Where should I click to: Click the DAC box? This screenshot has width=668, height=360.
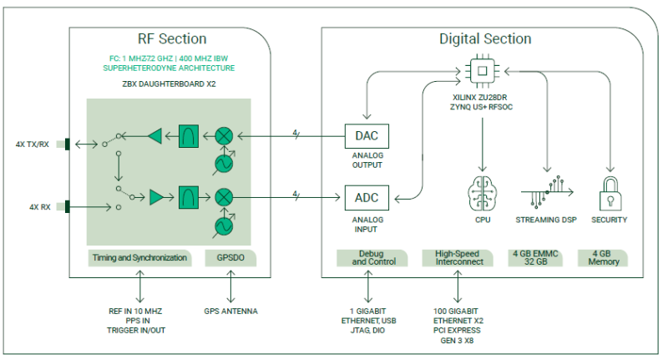coord(367,136)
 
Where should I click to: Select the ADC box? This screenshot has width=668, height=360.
coord(367,198)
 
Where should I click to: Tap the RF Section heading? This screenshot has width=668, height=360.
coord(172,38)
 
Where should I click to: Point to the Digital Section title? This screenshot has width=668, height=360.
coord(485,38)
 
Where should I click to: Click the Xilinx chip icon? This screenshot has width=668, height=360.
coord(483,71)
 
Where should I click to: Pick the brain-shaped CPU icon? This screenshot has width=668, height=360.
coord(483,194)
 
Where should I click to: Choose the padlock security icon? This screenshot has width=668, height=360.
coord(610,194)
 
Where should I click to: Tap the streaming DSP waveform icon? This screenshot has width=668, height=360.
coord(547,192)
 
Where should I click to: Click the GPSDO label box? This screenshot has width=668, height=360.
coord(230,258)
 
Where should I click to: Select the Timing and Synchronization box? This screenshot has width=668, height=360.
coord(139,258)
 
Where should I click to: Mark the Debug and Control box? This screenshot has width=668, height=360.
coord(372,258)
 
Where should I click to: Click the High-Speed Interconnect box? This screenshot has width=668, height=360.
coord(458,258)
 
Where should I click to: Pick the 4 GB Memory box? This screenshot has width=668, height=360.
coord(602,258)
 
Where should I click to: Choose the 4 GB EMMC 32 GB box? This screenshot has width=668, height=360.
coord(535,258)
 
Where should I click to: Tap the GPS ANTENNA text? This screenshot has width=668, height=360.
coord(230,312)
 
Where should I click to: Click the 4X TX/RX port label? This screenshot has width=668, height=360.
coord(33,145)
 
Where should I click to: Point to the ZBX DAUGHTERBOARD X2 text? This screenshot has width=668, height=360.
coord(170,84)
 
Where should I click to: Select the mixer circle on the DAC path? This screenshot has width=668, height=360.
coord(224,136)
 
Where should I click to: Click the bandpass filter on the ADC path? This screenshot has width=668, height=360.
coord(189,197)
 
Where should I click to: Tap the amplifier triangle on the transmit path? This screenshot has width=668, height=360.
coord(155,136)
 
